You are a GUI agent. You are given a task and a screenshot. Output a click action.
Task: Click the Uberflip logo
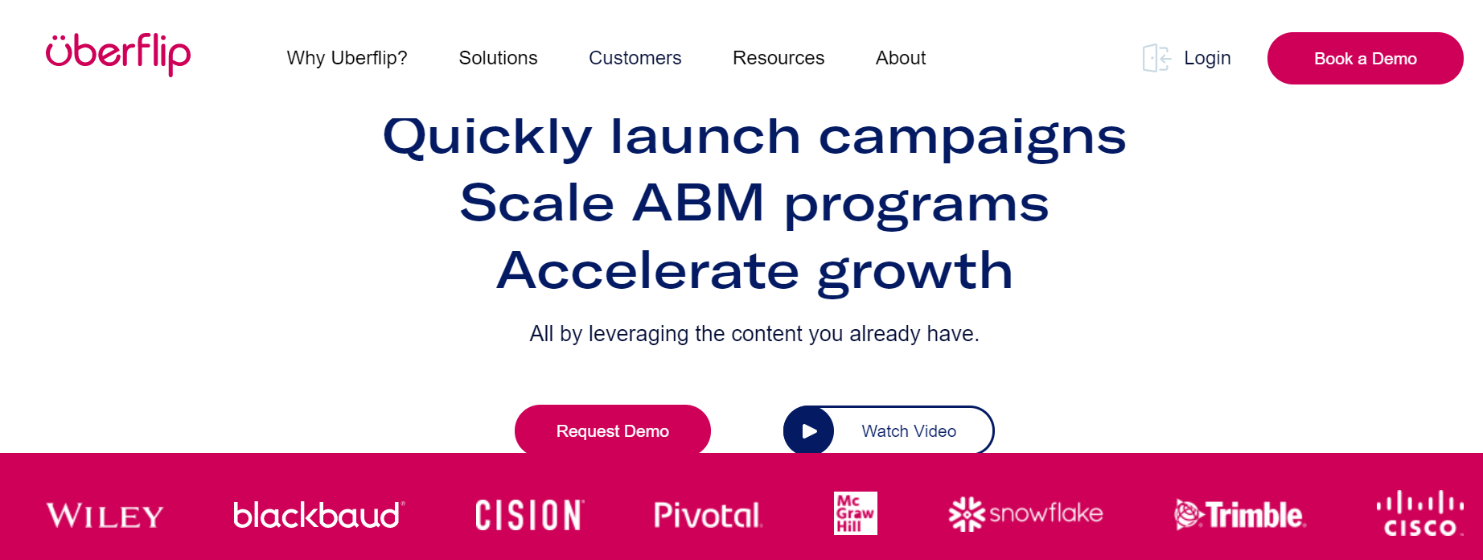(118, 55)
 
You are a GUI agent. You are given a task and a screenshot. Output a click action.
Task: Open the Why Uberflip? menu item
(347, 58)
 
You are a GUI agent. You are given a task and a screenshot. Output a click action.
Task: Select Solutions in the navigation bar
(499, 58)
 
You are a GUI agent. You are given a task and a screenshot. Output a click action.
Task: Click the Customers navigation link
(635, 58)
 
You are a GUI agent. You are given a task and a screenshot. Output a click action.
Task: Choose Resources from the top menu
(778, 58)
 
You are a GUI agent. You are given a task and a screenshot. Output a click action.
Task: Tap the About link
(901, 58)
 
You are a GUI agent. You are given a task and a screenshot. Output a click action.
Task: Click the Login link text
(1207, 58)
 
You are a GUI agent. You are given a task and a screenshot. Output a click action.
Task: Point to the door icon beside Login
(1156, 58)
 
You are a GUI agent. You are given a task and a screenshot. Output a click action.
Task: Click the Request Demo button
(613, 430)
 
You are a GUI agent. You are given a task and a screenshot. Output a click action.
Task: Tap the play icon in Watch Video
(809, 431)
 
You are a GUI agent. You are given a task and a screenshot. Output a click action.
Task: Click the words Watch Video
(909, 431)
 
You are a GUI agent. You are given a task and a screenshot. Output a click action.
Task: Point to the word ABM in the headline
(698, 202)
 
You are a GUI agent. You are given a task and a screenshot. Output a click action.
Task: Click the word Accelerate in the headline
(648, 270)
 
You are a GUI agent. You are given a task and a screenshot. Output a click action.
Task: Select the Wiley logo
(105, 516)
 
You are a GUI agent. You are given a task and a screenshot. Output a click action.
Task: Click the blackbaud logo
(319, 515)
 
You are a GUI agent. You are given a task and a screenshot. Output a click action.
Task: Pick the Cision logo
(530, 515)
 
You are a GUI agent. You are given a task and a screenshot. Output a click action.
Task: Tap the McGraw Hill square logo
(856, 513)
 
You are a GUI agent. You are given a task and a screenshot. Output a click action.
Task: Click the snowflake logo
(1026, 513)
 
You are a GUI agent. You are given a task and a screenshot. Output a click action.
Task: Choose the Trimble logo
(1240, 515)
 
